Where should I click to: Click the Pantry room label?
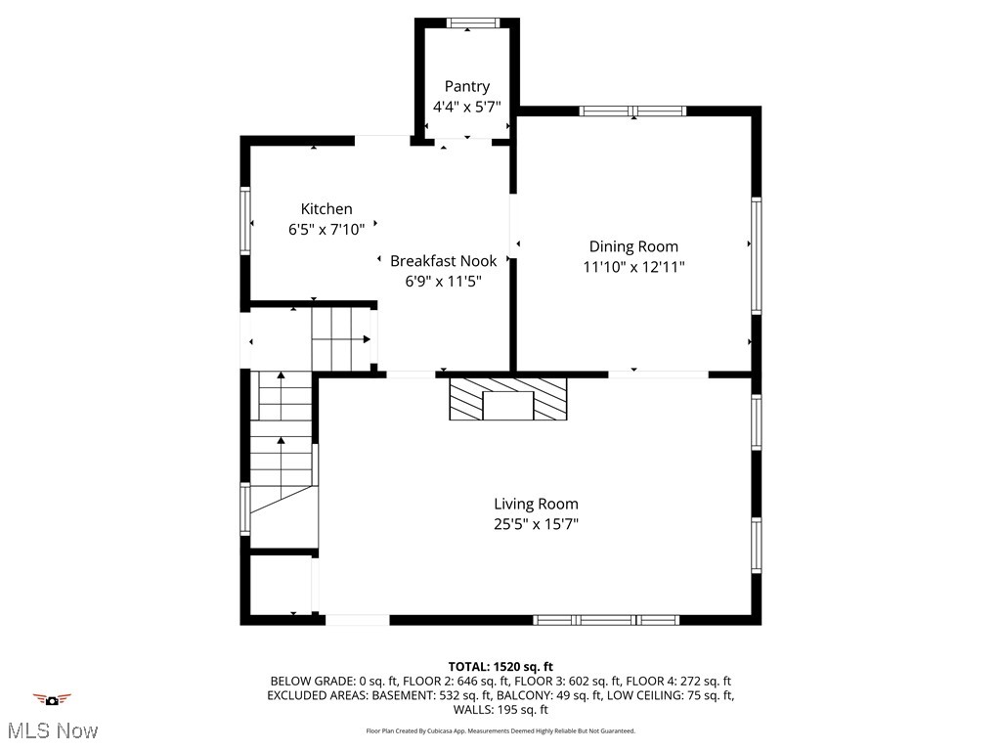(x=466, y=86)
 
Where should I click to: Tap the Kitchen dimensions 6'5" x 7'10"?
(x=326, y=229)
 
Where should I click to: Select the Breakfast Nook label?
(x=443, y=261)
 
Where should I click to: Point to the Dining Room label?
(x=632, y=246)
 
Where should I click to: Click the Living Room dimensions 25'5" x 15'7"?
(x=536, y=524)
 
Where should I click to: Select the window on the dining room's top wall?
(x=632, y=110)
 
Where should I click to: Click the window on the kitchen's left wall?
(x=245, y=221)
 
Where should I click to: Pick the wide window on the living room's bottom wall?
(x=606, y=620)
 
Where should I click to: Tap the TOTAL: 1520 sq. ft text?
(x=500, y=666)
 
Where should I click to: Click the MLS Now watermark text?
(x=52, y=730)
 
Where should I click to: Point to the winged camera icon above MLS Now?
(x=52, y=699)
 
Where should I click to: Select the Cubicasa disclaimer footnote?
(x=500, y=730)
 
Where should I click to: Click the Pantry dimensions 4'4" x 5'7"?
(x=466, y=106)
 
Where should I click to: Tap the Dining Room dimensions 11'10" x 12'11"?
(x=632, y=266)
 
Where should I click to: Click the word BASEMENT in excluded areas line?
(x=404, y=695)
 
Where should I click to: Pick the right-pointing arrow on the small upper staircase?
(x=366, y=339)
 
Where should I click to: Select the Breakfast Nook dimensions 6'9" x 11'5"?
(x=443, y=281)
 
